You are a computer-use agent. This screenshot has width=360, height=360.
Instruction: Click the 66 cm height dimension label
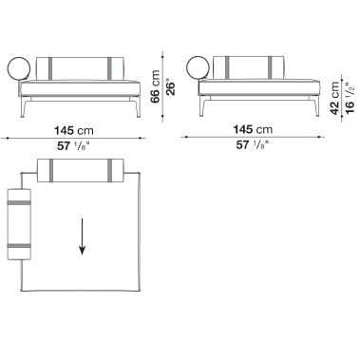(155, 86)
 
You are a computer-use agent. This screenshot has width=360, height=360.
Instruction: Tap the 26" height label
(170, 88)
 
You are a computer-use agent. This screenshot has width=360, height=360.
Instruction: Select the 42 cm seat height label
(334, 98)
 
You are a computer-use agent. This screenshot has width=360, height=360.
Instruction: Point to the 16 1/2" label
(350, 98)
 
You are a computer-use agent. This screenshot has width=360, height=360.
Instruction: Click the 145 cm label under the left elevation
(74, 130)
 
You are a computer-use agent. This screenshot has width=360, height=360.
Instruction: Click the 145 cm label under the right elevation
(253, 129)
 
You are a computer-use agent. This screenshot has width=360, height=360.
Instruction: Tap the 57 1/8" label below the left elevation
(73, 146)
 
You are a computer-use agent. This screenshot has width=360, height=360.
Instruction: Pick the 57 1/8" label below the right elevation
(253, 145)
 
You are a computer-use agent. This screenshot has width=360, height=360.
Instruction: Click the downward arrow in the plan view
(82, 237)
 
